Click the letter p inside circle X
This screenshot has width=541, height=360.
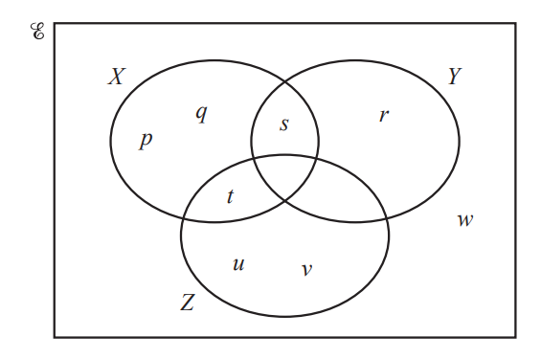(x=146, y=141)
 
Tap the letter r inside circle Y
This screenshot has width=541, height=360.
(x=383, y=116)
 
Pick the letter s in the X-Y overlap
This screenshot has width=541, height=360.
(x=283, y=124)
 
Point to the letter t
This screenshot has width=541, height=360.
(x=230, y=197)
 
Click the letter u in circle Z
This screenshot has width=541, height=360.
(x=238, y=263)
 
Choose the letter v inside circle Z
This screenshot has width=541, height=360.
(x=306, y=270)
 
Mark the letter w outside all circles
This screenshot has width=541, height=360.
(x=464, y=221)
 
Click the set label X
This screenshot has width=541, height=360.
(x=116, y=78)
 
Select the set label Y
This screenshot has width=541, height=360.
(x=455, y=78)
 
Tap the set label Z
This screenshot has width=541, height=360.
(x=188, y=304)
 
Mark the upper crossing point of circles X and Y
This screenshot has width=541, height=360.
(x=284, y=82)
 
